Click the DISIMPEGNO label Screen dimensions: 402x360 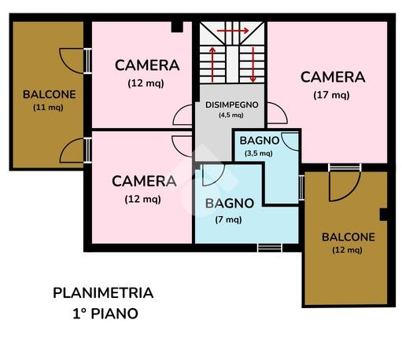coord(232,105)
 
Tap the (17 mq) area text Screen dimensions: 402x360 coord(331,95)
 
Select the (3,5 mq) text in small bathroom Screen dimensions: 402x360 coord(259,153)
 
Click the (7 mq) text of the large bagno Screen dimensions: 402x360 coord(228,219)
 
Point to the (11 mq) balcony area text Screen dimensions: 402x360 coord(48,108)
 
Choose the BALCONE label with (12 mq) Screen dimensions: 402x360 coord(349,237)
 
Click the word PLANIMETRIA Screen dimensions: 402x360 coord(103,293)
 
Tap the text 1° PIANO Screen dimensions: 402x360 coord(105,314)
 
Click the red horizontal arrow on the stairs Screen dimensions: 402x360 coord(233,31)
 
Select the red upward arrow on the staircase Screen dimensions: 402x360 coord(212,64)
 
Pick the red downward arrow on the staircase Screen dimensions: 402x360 coord(253,64)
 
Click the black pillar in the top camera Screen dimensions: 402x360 coord(177,27)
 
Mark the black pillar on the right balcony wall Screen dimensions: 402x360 coord(384,215)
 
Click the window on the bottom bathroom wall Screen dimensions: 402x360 coord(270,248)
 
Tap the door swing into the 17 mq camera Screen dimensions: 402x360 coord(278,113)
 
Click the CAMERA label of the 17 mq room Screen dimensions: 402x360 coord(333,77)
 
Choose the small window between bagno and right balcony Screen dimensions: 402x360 coord(301,188)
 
